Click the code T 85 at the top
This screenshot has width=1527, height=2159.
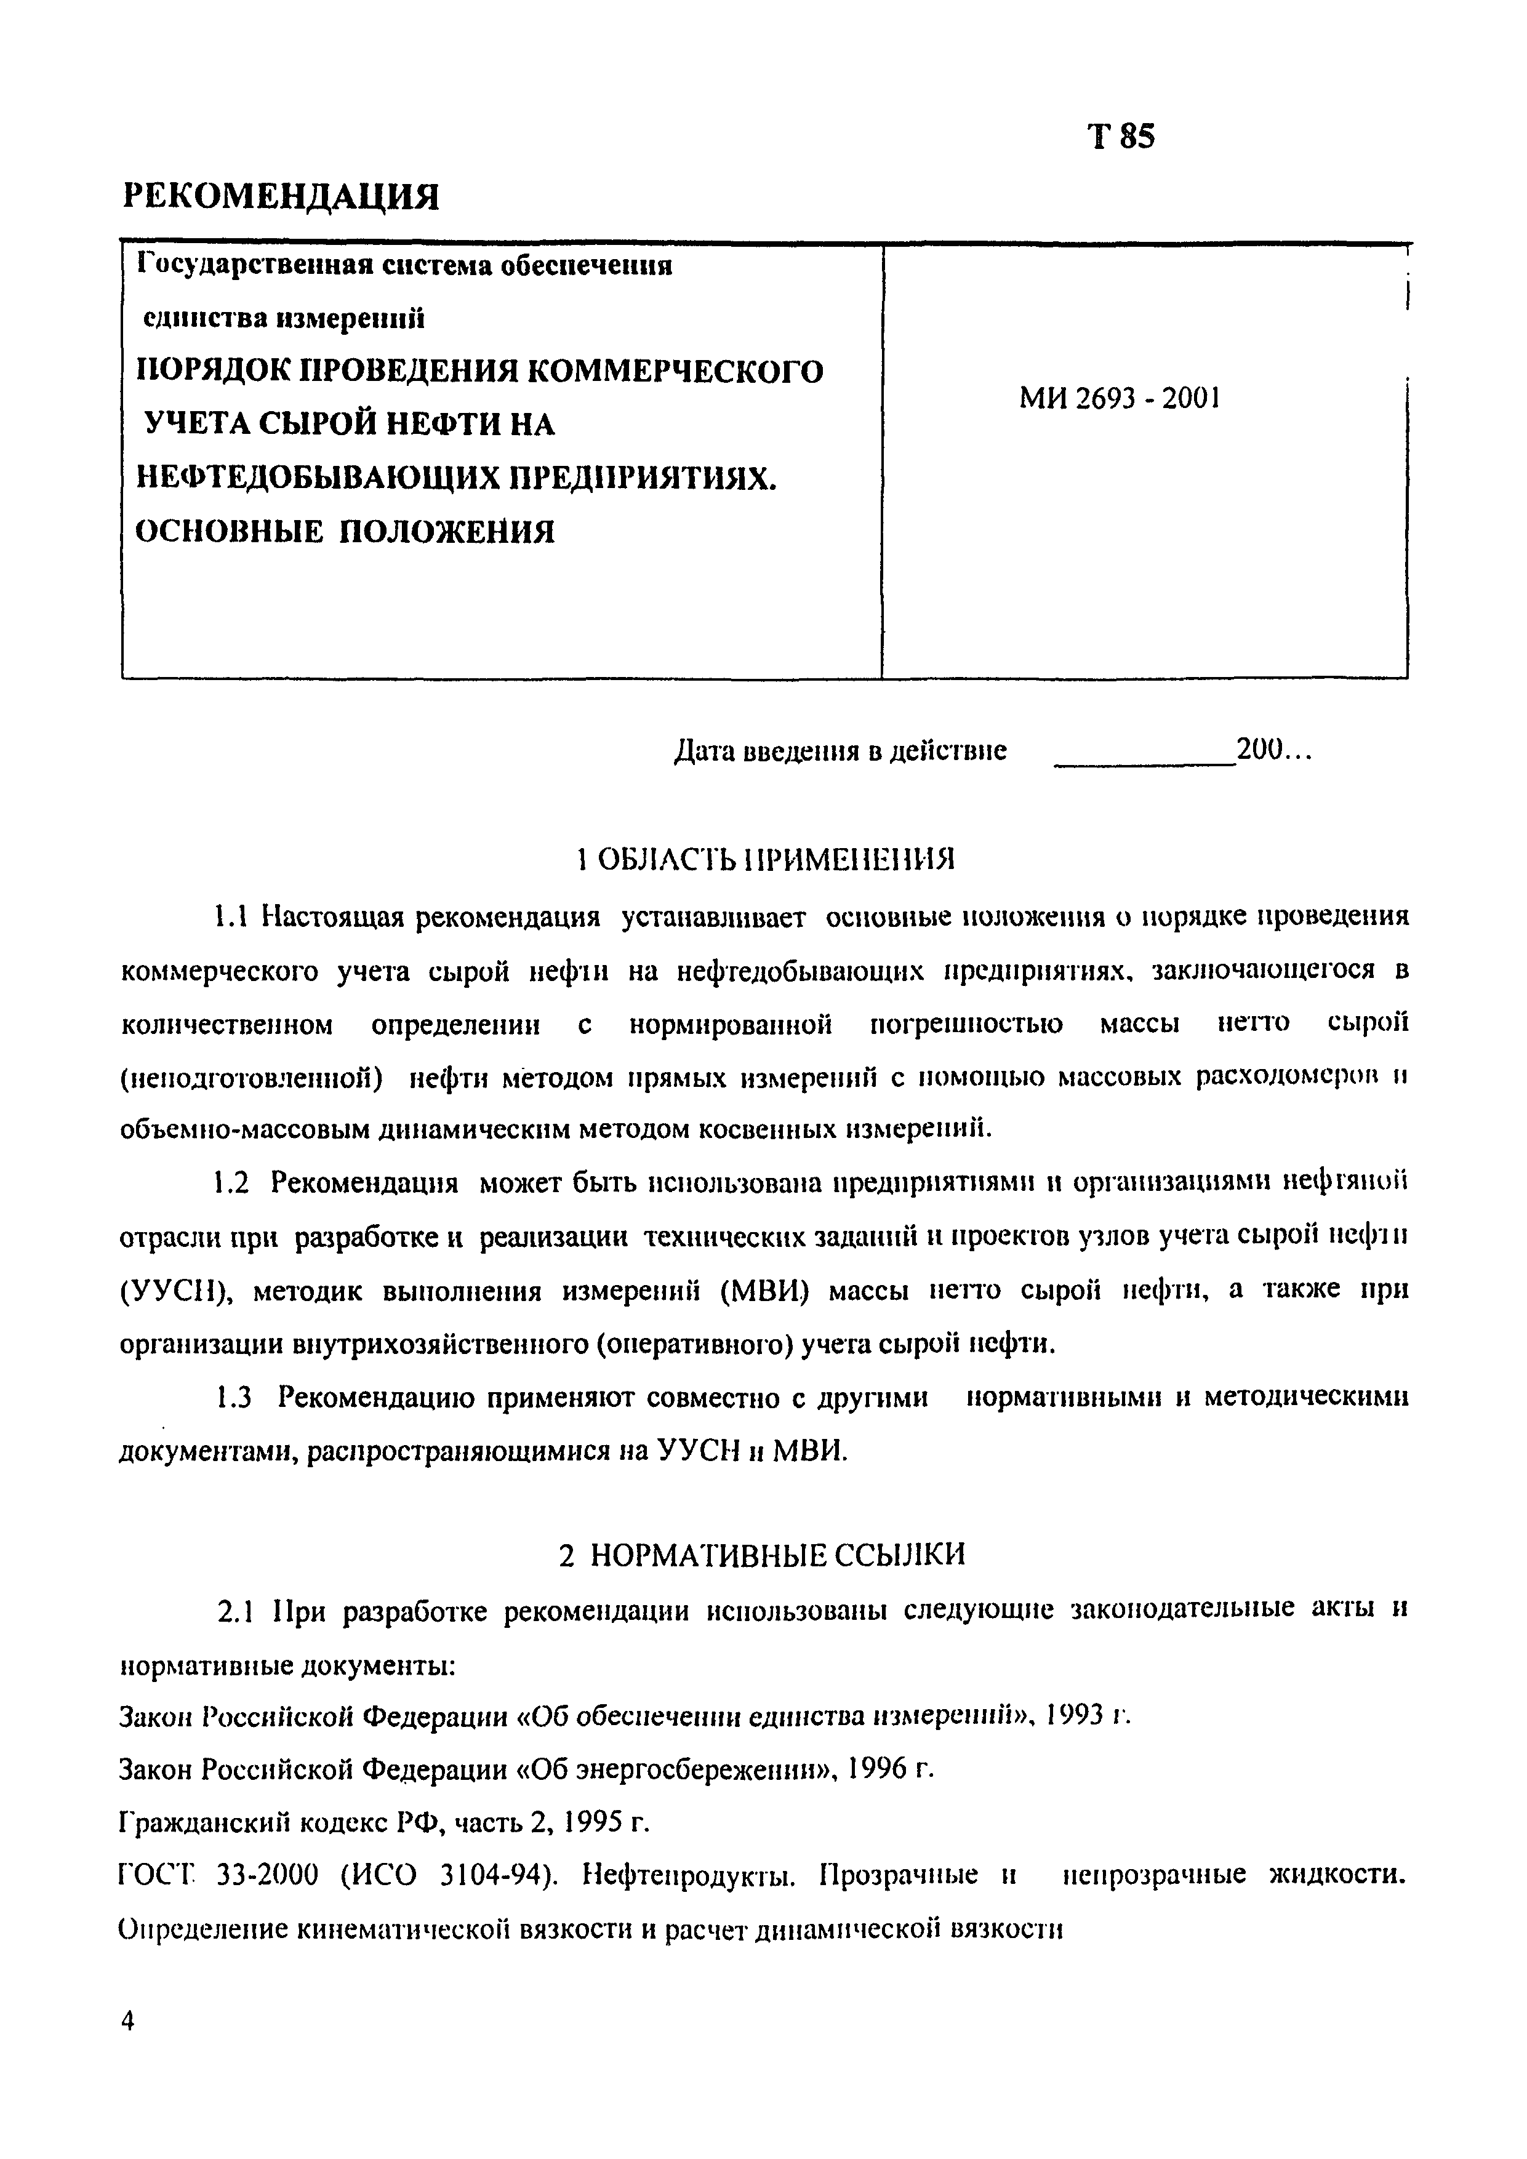(x=1121, y=137)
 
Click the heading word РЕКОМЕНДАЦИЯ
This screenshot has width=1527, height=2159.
(x=281, y=196)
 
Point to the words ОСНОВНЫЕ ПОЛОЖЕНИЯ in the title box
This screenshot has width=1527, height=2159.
(x=346, y=532)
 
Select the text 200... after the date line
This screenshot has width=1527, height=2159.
(x=1273, y=750)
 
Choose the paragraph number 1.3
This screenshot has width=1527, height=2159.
(x=234, y=1398)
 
